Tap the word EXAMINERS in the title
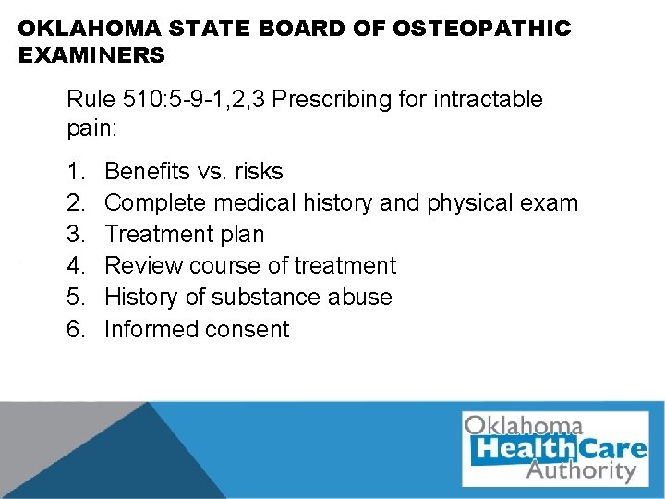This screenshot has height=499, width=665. tap(91, 55)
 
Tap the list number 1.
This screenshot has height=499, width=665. tap(74, 172)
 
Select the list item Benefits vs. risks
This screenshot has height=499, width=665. tap(194, 172)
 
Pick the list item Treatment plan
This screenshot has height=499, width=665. tap(184, 235)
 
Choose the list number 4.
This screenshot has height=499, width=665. tap(74, 266)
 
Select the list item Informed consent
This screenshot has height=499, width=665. tap(197, 329)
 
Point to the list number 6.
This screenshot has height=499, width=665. tap(74, 329)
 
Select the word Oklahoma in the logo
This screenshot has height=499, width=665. tap(524, 426)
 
